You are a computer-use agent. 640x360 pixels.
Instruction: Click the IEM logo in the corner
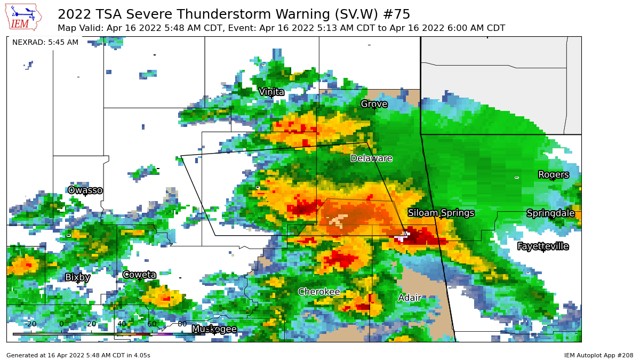click(x=23, y=17)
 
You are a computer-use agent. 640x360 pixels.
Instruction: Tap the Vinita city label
click(x=271, y=92)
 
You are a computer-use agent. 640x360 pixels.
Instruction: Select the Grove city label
click(x=374, y=104)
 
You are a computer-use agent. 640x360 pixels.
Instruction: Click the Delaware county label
click(x=371, y=158)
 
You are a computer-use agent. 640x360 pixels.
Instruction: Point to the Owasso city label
click(x=85, y=190)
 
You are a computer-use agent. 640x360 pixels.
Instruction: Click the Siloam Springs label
click(x=441, y=213)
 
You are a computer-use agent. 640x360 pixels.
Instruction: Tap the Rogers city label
click(x=553, y=175)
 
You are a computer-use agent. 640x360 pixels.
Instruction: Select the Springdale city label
click(x=550, y=213)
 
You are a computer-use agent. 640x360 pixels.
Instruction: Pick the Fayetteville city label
click(x=543, y=246)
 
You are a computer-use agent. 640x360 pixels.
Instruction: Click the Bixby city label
click(x=77, y=277)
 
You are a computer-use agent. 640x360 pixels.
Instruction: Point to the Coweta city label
click(x=139, y=275)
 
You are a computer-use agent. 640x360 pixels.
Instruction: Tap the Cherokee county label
click(x=319, y=292)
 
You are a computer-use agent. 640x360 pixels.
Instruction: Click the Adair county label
click(x=410, y=298)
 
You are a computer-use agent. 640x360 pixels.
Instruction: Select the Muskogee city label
click(x=214, y=329)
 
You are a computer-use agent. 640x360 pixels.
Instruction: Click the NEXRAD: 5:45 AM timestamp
click(x=45, y=42)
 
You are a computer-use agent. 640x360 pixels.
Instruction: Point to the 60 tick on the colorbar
click(x=152, y=324)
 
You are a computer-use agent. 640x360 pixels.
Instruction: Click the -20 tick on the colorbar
click(x=31, y=324)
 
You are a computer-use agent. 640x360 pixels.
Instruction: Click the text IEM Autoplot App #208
click(x=598, y=355)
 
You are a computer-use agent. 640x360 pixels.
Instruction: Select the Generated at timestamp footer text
click(x=78, y=355)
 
